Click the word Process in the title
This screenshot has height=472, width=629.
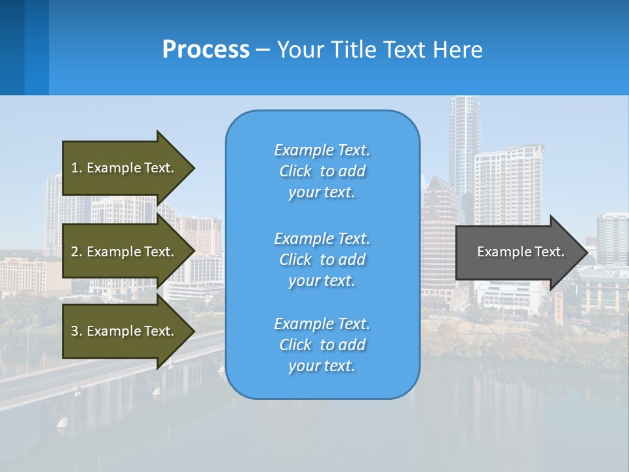(x=206, y=50)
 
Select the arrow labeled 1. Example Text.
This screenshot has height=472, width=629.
(x=124, y=168)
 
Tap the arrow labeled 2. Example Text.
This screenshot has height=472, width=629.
(x=124, y=252)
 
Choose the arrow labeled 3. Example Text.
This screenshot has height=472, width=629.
(x=124, y=331)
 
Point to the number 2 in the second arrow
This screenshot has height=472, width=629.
(x=75, y=252)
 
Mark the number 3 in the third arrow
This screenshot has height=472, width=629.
(x=75, y=331)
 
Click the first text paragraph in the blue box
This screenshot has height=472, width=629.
(x=322, y=171)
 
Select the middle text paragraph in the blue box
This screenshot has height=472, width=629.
(x=322, y=260)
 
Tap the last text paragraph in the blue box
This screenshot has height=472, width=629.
(x=322, y=345)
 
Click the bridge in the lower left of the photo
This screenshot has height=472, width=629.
(x=98, y=374)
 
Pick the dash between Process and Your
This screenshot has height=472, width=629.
(x=263, y=50)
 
